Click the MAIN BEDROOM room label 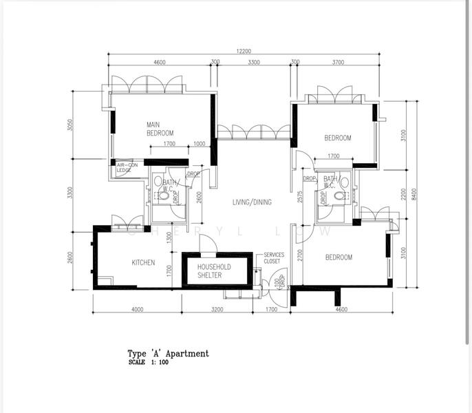(x=160, y=129)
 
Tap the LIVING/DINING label (x=251, y=202)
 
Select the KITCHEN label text (x=143, y=262)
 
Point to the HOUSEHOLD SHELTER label (x=214, y=271)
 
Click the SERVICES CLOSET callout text (x=274, y=258)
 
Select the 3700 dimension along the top (x=337, y=62)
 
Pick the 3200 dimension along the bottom (x=217, y=310)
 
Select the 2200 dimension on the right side (x=404, y=194)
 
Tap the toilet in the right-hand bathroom (x=339, y=196)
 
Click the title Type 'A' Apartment (x=168, y=353)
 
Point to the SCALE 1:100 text (x=148, y=362)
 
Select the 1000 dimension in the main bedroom (x=199, y=144)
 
